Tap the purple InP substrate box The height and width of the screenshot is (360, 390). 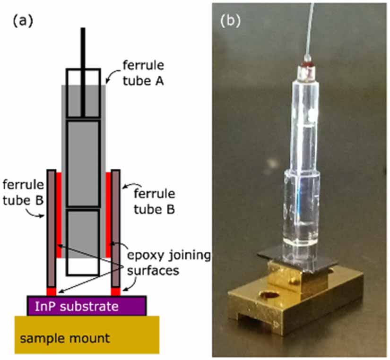tap(87, 306)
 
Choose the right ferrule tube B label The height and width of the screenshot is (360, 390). tap(155, 201)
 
